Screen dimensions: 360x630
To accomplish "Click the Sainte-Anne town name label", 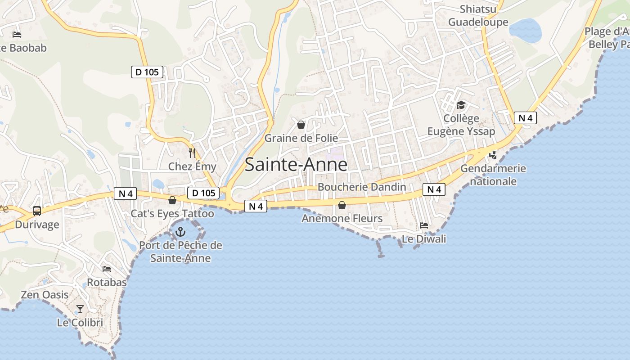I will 296,165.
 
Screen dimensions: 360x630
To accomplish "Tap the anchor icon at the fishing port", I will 180,232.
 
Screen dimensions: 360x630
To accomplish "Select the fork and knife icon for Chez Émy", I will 192,153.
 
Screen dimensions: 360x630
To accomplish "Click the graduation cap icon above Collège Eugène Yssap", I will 461,105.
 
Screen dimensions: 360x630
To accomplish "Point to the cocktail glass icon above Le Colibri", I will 80,309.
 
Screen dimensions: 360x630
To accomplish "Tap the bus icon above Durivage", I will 37,211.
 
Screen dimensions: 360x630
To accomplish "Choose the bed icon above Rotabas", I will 107,269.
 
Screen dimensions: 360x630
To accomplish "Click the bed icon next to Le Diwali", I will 424,225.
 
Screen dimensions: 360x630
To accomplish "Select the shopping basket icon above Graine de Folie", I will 301,125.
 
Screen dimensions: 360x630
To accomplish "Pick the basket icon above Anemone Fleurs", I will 342,205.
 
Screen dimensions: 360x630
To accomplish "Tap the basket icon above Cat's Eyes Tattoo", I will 172,200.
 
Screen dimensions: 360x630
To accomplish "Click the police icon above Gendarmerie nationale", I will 493,155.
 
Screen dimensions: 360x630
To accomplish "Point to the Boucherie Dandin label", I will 362,187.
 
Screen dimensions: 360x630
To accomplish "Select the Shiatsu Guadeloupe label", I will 478,16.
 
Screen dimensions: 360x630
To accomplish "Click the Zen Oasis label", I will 45,295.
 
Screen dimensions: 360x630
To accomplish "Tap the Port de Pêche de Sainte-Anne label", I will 180,252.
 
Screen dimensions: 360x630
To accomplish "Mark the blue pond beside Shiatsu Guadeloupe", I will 525,30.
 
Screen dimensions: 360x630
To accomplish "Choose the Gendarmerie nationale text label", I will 493,175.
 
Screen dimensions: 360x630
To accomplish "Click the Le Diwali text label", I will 424,239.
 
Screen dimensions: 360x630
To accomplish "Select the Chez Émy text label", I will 192,166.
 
